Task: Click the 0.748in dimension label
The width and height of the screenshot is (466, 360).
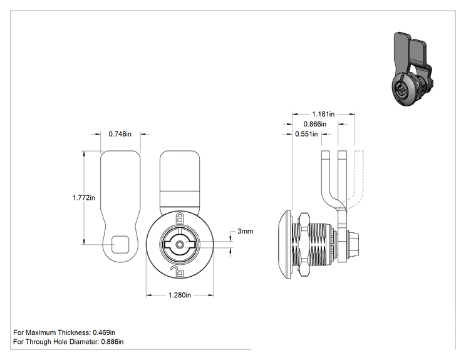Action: click(x=120, y=134)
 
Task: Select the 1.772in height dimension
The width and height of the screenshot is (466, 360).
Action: click(x=84, y=197)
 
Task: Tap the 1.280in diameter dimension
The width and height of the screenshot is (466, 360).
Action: click(x=180, y=295)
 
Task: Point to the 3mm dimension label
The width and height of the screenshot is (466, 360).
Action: click(x=245, y=231)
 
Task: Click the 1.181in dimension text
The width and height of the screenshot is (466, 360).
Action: click(x=323, y=114)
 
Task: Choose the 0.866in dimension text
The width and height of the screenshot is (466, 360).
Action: click(x=314, y=124)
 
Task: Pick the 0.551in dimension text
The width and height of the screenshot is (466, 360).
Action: click(x=306, y=134)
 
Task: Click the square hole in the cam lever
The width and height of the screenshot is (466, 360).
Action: click(x=120, y=244)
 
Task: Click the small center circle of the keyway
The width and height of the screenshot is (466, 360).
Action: click(x=180, y=244)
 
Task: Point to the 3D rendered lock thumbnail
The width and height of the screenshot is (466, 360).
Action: click(x=412, y=69)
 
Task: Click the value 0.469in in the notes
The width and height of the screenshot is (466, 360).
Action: click(x=104, y=332)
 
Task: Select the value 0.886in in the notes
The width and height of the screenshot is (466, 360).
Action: click(x=112, y=342)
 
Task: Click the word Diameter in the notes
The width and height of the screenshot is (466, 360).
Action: click(x=84, y=342)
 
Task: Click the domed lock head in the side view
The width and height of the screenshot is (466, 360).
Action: click(x=285, y=245)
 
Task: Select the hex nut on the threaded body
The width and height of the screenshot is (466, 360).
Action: click(x=303, y=244)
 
